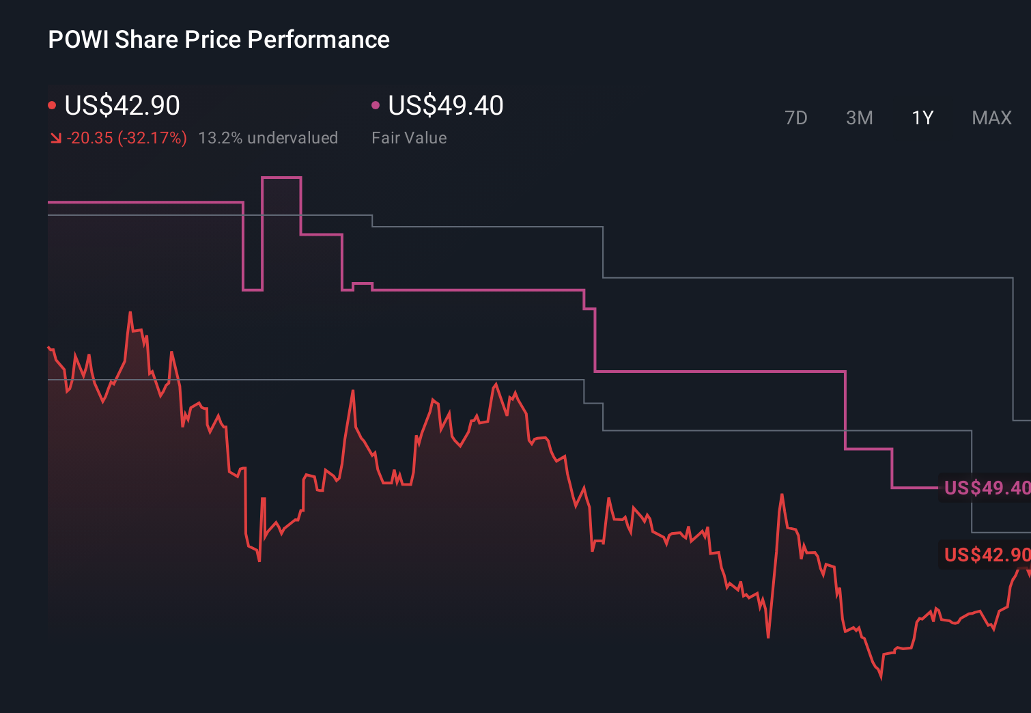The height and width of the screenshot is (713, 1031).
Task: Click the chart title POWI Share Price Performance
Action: tap(218, 40)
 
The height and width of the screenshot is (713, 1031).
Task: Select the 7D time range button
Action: tap(795, 118)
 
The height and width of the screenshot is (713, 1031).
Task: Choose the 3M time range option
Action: tap(859, 118)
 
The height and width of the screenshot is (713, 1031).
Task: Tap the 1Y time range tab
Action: tap(922, 118)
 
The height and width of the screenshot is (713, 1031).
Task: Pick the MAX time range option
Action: tap(991, 118)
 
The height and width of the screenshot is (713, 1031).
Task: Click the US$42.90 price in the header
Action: tap(122, 106)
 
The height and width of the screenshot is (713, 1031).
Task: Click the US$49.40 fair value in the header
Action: tap(446, 106)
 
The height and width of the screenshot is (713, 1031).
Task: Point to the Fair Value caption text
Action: tap(409, 138)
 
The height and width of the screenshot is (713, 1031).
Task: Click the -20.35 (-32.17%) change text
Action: tap(127, 138)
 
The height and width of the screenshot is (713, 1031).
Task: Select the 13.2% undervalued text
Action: tap(268, 138)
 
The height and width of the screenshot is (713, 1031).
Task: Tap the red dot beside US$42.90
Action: tap(52, 105)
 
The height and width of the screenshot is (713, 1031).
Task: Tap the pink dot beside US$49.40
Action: tap(376, 105)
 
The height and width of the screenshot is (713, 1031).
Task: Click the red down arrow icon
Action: tap(56, 139)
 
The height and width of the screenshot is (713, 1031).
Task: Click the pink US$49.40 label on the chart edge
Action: tap(986, 488)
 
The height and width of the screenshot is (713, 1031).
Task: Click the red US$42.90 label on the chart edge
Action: tap(986, 555)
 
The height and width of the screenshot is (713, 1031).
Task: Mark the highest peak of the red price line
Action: tap(130, 313)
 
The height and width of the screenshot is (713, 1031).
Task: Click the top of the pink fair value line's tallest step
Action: tap(281, 178)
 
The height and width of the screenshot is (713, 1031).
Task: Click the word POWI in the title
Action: tap(78, 40)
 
